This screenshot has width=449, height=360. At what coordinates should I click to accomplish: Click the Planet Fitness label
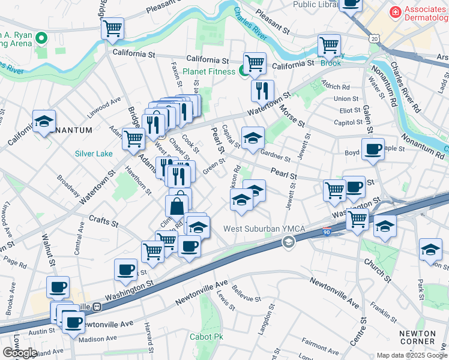tap(209, 71)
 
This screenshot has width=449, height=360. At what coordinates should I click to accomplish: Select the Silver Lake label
tap(94, 154)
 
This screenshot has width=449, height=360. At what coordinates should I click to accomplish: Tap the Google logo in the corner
tap(20, 353)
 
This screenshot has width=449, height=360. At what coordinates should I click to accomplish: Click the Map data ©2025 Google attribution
tap(412, 355)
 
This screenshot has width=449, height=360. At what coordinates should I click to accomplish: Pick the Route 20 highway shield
tap(375, 38)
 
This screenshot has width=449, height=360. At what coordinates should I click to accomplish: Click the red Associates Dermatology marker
tap(395, 11)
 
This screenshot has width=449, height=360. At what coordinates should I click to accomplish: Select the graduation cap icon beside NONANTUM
tap(44, 121)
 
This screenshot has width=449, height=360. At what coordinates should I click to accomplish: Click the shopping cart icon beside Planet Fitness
tap(255, 62)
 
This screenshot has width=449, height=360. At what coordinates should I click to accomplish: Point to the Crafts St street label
tap(103, 221)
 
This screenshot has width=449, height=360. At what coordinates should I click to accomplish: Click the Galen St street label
tap(367, 119)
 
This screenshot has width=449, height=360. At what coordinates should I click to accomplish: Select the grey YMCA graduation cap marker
tap(289, 242)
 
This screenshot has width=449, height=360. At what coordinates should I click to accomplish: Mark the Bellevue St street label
tap(243, 294)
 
